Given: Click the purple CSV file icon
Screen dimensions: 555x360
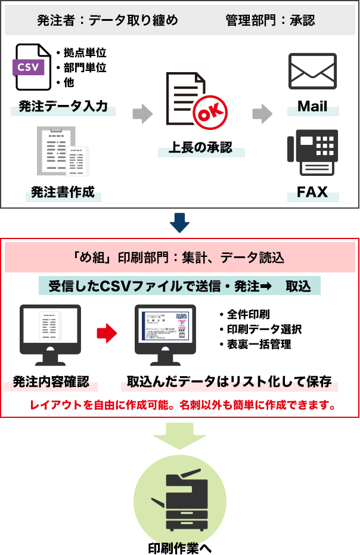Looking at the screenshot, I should point(32,67).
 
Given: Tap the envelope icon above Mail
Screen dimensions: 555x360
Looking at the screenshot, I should point(312,72).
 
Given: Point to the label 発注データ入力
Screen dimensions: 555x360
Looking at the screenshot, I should point(63,107).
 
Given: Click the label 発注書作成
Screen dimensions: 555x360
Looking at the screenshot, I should point(63,193).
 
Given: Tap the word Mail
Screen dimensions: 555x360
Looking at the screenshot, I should point(312,107).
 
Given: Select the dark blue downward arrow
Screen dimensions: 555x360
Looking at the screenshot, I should point(179,223).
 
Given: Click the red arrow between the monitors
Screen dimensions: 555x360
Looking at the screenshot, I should point(107,333).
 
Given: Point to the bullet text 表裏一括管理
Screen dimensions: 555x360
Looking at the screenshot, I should point(259,344).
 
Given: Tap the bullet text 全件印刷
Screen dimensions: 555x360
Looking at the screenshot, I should point(248,314).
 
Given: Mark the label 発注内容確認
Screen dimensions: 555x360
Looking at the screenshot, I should point(51,382).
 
